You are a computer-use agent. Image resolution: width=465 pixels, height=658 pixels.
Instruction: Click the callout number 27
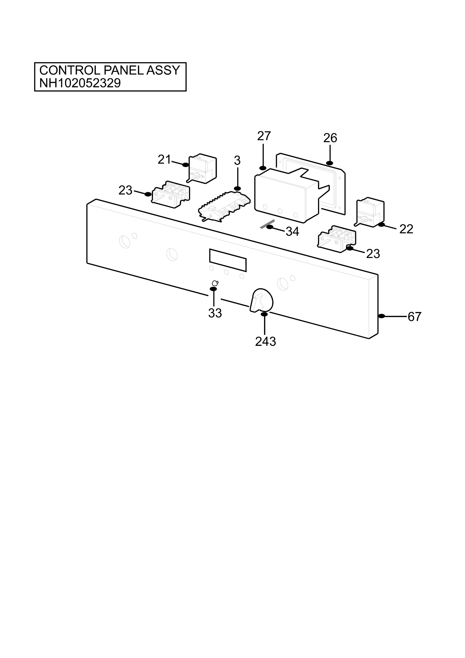pos(264,136)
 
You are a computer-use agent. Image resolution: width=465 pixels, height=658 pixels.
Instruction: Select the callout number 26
pos(330,138)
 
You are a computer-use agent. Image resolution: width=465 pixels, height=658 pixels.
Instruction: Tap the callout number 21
pos(164,160)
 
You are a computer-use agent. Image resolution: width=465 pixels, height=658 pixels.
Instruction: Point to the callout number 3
pos(237,161)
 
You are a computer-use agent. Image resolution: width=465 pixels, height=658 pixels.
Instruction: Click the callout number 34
pos(292,232)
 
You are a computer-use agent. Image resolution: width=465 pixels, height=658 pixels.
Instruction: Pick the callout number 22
pos(406,229)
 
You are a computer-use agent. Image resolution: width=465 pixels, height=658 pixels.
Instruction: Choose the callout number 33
pos(215,313)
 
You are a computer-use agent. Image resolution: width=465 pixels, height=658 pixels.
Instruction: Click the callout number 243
pos(266,342)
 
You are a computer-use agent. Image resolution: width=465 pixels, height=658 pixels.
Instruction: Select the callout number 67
pos(415,317)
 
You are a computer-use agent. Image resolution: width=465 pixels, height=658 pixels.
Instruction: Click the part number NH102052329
pos(80,83)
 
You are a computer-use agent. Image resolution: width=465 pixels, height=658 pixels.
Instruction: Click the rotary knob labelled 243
pos(261,300)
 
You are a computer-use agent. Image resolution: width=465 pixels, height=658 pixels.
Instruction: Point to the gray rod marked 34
pos(267,224)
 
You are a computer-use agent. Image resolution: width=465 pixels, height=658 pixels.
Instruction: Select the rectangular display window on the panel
pos(228,260)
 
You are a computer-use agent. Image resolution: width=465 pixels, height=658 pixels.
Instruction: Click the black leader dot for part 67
pos(382,316)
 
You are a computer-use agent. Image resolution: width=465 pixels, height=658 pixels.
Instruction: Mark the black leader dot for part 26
pos(330,163)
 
